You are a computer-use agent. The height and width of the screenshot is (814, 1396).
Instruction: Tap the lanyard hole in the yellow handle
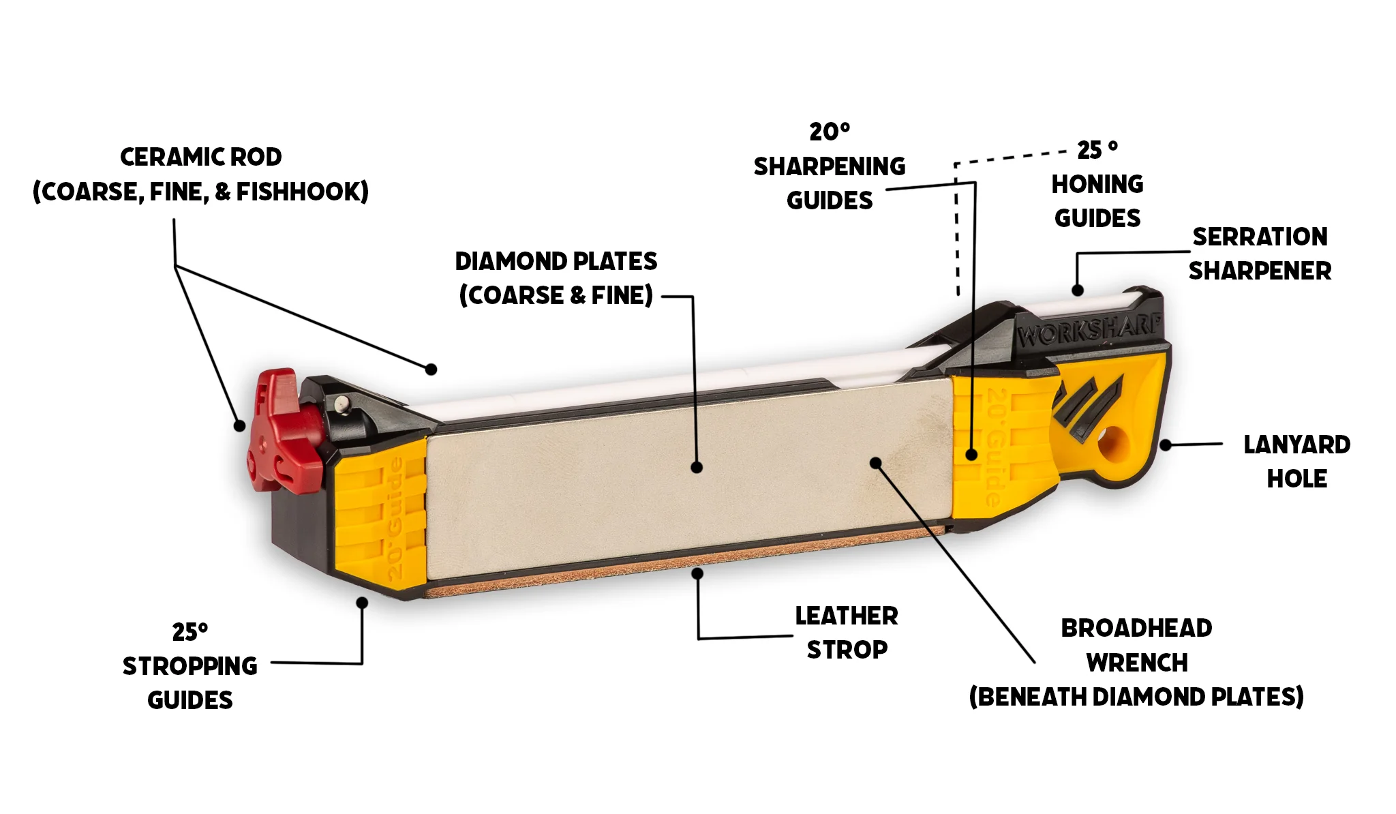pos(1113,444)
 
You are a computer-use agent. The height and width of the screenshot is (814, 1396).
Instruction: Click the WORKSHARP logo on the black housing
pos(1089,330)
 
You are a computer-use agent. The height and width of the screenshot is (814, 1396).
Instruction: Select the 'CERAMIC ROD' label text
pos(201,157)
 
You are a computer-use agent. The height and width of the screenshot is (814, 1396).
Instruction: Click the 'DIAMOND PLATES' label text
pos(556,261)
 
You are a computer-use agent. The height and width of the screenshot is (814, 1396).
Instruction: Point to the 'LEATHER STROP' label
pos(847,633)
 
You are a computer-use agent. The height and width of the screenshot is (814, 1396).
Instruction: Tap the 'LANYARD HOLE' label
pos(1297,462)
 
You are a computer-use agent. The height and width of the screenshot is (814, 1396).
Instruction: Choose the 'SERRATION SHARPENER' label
pos(1260,254)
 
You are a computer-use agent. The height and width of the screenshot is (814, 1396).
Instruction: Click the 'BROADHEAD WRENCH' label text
pos(1137,645)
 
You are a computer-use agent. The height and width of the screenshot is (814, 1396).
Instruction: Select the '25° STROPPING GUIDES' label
pos(190,666)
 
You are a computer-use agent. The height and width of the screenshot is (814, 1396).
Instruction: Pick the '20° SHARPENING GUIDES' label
pos(830,166)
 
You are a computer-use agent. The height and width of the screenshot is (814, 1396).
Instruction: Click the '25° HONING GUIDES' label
pos(1097,184)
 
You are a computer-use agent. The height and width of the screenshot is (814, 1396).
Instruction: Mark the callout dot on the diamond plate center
pos(696,467)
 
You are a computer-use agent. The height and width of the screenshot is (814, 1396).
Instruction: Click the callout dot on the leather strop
pos(697,573)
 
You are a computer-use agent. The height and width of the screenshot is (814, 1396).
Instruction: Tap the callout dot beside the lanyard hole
pos(1166,445)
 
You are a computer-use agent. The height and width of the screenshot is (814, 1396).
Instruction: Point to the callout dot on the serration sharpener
pos(1077,290)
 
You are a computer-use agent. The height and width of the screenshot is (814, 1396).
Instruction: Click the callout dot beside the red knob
pos(239,425)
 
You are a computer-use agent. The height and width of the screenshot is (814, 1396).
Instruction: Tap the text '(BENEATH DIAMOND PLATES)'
pos(1136,697)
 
